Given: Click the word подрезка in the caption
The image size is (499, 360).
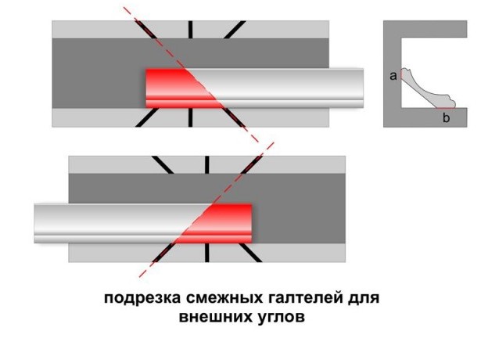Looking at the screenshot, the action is (143, 299).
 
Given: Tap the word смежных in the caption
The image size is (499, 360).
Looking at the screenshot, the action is (224, 299).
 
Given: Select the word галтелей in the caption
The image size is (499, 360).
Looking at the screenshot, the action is (306, 299).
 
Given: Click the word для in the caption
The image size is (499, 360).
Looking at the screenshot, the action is (364, 299).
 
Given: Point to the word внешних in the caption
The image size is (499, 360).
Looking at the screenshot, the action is (214, 317).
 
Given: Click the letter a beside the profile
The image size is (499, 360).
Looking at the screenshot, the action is (393, 76).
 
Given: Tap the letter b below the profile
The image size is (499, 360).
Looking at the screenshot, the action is (446, 117).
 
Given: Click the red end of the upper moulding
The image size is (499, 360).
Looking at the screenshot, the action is (178, 88).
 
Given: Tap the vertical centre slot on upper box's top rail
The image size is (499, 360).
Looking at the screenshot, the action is (190, 30).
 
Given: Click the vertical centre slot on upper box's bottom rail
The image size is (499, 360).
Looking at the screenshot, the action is (190, 117).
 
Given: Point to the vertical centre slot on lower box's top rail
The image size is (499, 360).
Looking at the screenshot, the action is (206, 165).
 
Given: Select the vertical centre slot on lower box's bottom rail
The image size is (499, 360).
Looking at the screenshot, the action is (206, 253).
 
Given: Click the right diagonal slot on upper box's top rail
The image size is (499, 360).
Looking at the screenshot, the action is (235, 30).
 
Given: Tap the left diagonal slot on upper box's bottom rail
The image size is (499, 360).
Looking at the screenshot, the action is (147, 117).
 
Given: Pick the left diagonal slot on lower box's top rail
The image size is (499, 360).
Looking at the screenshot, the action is (163, 165).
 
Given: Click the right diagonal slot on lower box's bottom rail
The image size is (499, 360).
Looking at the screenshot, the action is (250, 253).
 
